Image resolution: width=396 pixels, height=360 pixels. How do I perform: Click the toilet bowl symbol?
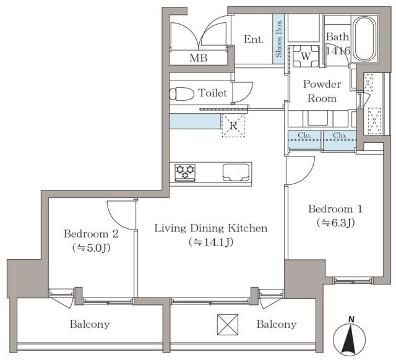pos(181,94)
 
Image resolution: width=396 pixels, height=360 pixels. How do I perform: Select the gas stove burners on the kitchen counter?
pos(185,173)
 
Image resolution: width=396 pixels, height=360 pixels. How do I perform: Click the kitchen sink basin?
pos(236,173)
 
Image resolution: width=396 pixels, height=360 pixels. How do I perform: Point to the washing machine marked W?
pos(306,56)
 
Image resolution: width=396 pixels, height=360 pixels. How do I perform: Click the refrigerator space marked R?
pos(233,126)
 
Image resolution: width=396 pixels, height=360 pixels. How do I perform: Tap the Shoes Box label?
pos(278,39)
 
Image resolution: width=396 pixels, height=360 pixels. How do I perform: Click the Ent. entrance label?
pos(254,40)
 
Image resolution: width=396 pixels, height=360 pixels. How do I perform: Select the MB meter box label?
pos(199,58)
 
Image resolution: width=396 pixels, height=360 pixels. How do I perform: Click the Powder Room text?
pos(322,91)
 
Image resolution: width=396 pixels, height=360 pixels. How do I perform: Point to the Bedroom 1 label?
pos(335,209)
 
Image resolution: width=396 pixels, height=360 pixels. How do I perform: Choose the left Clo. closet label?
pos(304,135)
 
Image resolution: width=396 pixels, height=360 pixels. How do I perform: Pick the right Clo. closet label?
pos(340,135)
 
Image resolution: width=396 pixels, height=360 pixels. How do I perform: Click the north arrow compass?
pos(349,337)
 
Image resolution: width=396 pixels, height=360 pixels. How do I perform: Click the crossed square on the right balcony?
pos(228,325)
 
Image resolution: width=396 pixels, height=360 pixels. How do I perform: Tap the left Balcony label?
pos(90,324)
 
